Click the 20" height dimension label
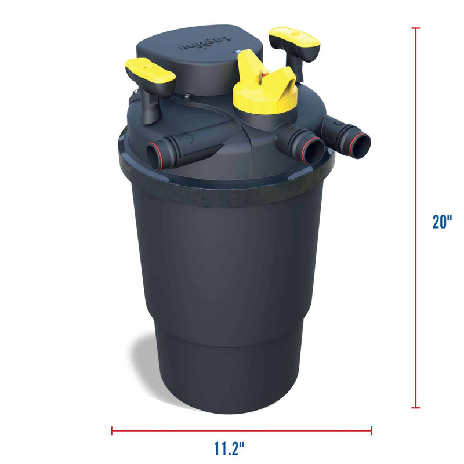[x=442, y=221]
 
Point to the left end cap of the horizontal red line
[x=112, y=430]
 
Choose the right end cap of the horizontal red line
[x=372, y=430]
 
